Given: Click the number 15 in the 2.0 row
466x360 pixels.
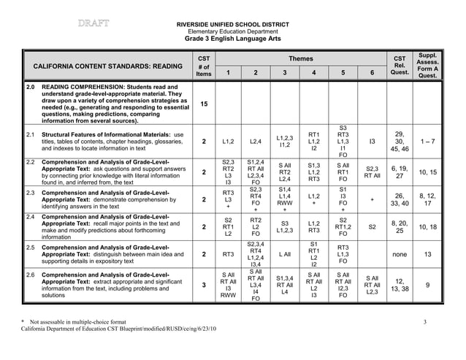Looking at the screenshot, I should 205,104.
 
